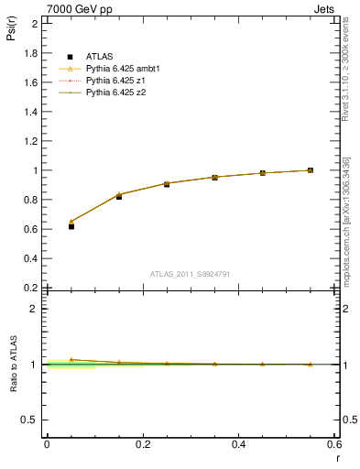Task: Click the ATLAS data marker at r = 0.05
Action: click(71, 226)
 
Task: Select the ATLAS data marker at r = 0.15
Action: click(119, 196)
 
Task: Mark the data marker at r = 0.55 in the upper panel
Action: click(311, 169)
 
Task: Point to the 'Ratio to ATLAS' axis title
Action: click(15, 365)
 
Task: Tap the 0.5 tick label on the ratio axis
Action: click(30, 420)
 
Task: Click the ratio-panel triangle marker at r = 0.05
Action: click(71, 360)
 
